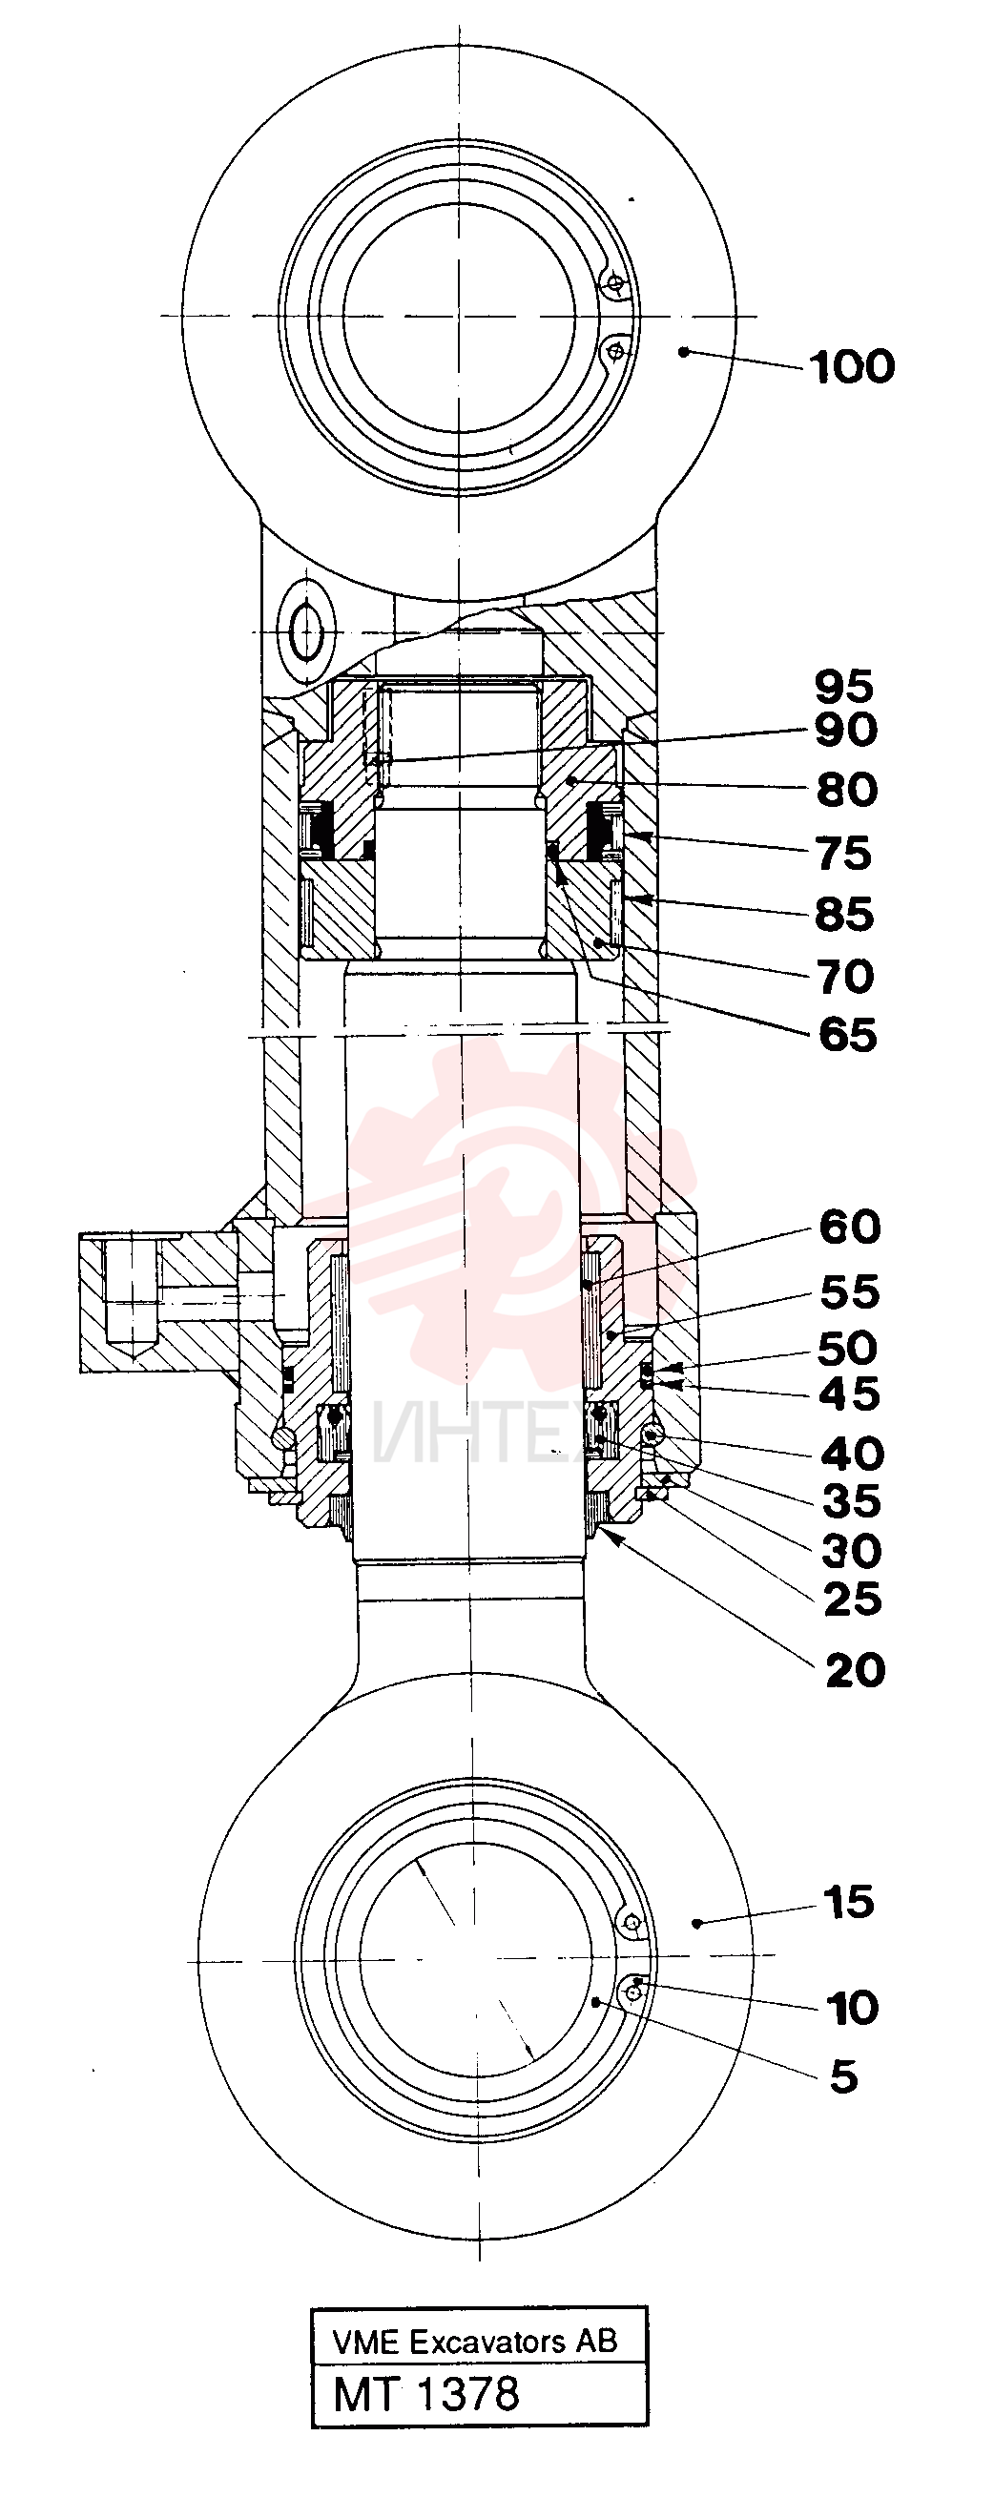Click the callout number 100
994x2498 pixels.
[853, 367]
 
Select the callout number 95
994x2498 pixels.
[844, 687]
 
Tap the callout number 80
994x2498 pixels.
[846, 791]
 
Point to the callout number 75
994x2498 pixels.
[843, 855]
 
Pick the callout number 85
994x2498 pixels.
[844, 915]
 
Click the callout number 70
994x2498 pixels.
[846, 977]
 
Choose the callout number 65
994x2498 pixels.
[847, 1036]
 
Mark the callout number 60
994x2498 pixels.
[851, 1227]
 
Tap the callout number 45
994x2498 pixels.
[851, 1394]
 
